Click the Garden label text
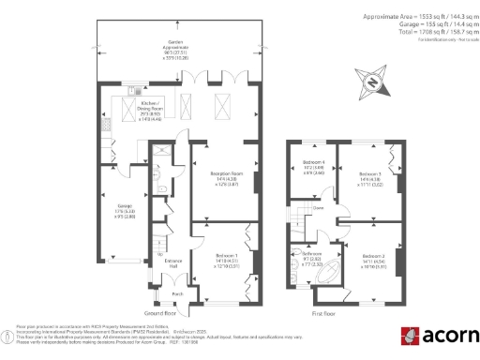point(174,43)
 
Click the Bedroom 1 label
point(217,256)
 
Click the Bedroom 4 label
point(313,168)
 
